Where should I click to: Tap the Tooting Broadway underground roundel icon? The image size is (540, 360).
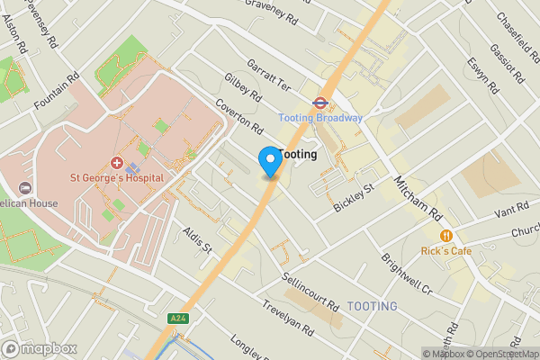point(319,103)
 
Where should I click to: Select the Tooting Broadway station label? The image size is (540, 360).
point(320,118)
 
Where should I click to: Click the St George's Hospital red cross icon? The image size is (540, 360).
point(117,163)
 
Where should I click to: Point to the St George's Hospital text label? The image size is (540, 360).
point(117,177)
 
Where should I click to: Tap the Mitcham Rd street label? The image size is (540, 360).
point(418,198)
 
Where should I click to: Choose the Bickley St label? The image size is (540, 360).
point(353,198)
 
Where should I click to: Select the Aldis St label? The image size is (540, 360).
point(196,239)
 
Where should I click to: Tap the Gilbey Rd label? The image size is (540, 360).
point(243,88)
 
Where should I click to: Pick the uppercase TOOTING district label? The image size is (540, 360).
point(372,307)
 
